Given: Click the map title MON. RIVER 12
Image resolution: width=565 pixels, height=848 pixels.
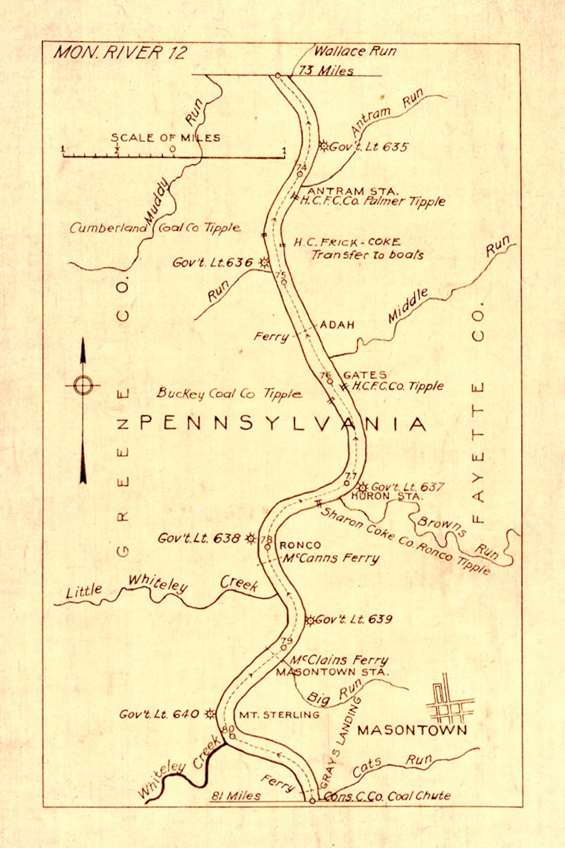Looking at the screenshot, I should (x=120, y=53).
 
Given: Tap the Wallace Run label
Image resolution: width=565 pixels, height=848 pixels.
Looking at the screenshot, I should (x=355, y=51).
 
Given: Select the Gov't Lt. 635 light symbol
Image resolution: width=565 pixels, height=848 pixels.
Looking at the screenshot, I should (x=324, y=146).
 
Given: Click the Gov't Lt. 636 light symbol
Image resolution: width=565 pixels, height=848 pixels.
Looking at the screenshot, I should (x=265, y=262).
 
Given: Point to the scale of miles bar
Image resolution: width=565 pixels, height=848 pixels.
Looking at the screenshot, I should (x=173, y=156).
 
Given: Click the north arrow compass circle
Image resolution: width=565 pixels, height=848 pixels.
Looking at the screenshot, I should (x=83, y=385).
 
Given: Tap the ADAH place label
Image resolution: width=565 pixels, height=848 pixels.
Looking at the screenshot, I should (x=337, y=325).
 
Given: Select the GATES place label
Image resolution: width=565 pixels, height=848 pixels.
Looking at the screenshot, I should (x=365, y=375).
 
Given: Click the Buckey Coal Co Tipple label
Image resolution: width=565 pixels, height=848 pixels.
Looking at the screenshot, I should (x=229, y=394).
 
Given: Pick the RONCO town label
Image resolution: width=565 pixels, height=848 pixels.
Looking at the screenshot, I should (x=300, y=545).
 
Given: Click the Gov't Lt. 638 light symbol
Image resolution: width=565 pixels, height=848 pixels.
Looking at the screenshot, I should (x=251, y=538).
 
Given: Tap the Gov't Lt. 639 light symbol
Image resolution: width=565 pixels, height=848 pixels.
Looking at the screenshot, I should (x=310, y=620).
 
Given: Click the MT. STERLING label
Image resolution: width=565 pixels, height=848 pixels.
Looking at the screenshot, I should (x=279, y=715).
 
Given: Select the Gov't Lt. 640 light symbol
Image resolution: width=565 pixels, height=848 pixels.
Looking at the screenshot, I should (x=210, y=713).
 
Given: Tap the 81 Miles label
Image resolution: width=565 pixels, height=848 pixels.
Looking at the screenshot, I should (x=236, y=796).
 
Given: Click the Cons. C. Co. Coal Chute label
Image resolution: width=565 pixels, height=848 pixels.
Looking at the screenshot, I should (x=387, y=796).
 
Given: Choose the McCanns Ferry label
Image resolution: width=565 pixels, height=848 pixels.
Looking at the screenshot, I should (x=331, y=558).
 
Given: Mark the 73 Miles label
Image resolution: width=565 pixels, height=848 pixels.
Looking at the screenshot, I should (x=326, y=71).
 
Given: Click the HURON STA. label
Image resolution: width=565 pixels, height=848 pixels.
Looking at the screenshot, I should (x=386, y=496).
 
